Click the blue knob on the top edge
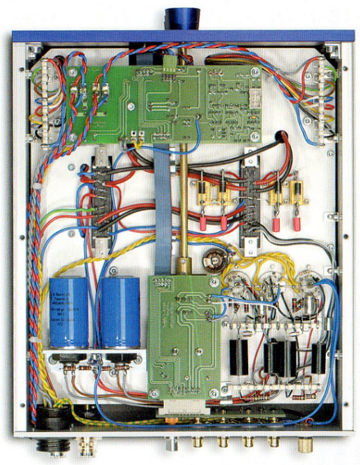coord(183,18)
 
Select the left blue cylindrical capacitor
coord(68,312)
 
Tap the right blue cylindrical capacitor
coord(119,312)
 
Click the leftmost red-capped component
coord(203,224)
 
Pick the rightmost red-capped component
coord(297,224)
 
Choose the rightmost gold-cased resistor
coord(297,191)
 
